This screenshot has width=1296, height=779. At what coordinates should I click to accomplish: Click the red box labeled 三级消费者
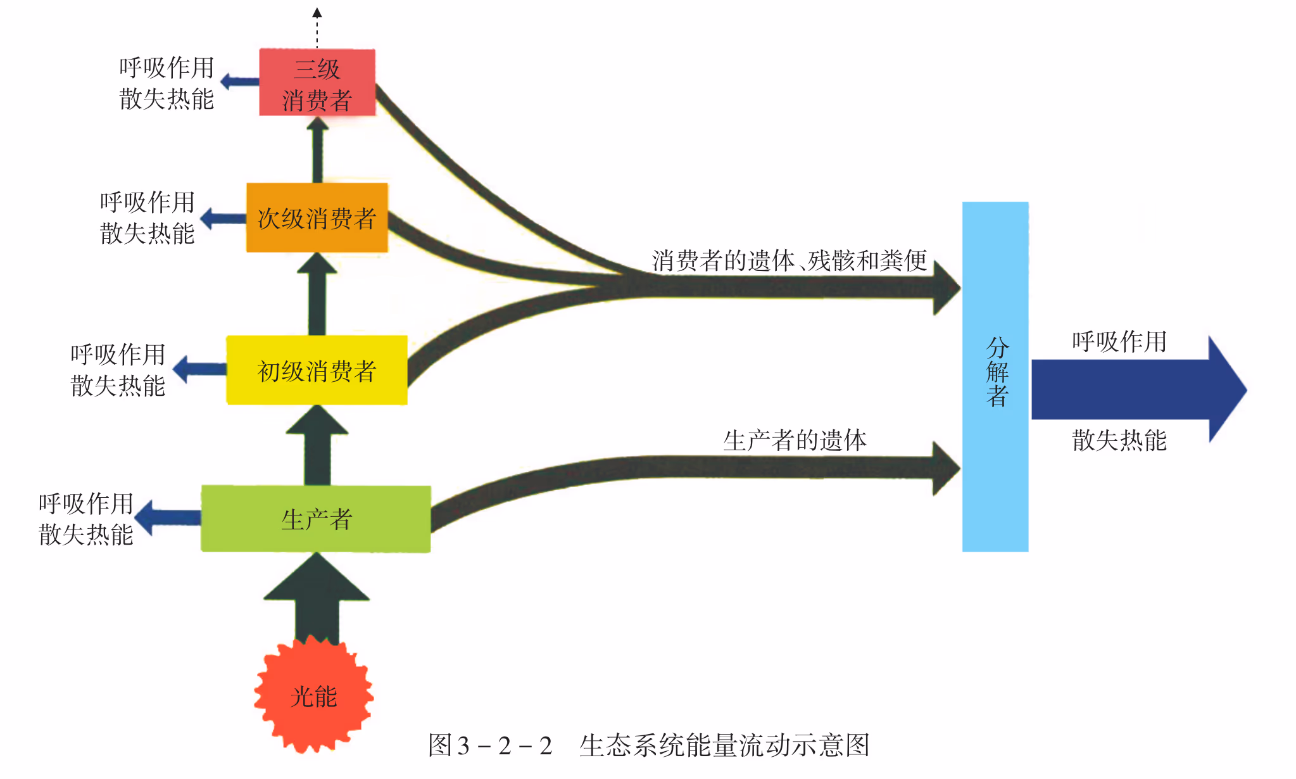point(317,83)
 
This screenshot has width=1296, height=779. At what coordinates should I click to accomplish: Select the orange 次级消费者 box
point(317,218)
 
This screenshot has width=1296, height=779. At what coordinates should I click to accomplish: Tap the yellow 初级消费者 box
point(317,370)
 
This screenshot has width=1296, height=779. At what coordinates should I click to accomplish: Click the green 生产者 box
point(316,519)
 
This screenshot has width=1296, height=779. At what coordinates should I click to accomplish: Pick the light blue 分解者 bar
point(995,377)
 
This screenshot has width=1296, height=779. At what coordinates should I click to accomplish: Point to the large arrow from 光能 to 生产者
point(317,598)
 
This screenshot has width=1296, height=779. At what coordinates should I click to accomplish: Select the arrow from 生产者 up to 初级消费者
point(317,446)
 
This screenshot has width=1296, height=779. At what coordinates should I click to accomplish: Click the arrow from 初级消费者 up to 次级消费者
point(317,294)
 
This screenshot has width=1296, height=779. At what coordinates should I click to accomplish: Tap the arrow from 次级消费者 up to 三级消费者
point(317,150)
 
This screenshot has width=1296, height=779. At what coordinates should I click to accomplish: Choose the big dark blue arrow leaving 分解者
point(1133,389)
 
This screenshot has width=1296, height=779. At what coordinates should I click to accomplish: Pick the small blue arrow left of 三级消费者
point(240,82)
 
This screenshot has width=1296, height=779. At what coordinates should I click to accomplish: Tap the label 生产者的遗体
point(795,440)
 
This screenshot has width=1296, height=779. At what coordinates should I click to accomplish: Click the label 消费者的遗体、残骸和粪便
point(790,260)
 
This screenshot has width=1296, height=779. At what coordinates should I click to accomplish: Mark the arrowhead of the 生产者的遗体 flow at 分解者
point(946,469)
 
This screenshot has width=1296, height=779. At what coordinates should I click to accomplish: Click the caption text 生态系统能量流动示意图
point(724,745)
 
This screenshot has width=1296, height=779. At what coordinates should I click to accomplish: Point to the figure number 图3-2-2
point(490,745)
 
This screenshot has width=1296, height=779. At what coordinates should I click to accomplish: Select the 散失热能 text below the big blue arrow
point(1119,440)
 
